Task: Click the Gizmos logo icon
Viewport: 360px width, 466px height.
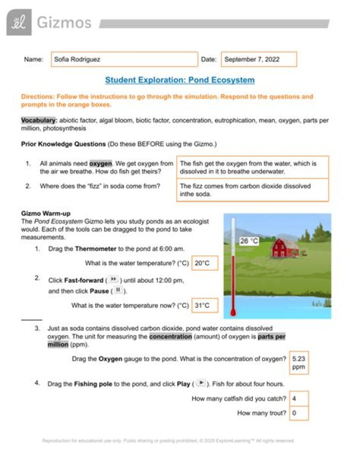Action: click(19, 23)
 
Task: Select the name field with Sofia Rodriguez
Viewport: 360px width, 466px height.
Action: click(124, 59)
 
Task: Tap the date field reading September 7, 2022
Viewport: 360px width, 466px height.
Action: click(258, 59)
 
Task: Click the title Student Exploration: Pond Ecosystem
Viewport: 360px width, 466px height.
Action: click(179, 80)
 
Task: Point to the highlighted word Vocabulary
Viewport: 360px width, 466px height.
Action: click(39, 121)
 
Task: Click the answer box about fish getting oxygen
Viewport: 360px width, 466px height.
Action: click(252, 167)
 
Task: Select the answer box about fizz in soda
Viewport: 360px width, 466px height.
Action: click(252, 190)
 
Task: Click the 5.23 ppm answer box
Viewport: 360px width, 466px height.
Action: click(299, 363)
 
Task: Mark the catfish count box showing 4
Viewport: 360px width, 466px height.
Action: click(299, 398)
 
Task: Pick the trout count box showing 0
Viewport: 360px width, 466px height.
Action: click(299, 413)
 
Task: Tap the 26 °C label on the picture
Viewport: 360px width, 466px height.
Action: click(249, 241)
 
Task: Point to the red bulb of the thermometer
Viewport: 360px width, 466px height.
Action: click(232, 313)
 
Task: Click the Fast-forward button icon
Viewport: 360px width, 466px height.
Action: click(113, 279)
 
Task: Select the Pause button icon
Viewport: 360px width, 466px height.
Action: click(118, 290)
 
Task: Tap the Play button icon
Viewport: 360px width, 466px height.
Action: click(200, 383)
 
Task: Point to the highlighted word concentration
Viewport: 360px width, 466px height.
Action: click(170, 337)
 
